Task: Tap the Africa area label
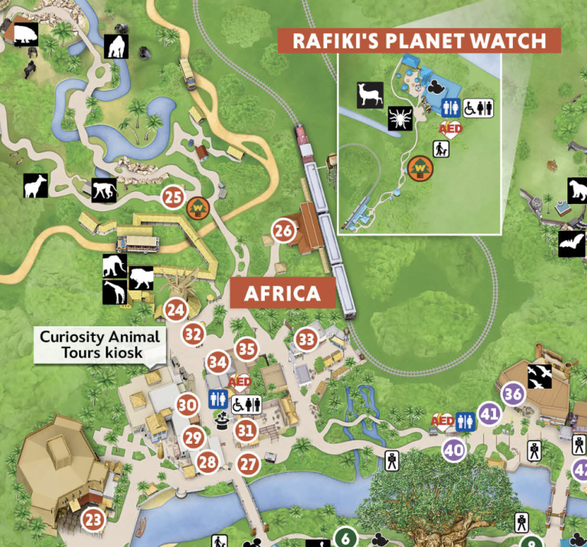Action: click(282, 293)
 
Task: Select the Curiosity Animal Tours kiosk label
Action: click(100, 345)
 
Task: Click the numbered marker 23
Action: click(93, 520)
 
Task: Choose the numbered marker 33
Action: click(307, 339)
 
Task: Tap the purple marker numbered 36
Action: click(513, 394)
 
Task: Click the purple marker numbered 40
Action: click(454, 449)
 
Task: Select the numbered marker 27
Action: click(249, 464)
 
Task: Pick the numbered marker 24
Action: click(175, 310)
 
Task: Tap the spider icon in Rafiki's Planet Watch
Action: click(401, 118)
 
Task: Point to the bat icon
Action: click(571, 243)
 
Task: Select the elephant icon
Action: click(114, 265)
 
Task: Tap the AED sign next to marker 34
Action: click(240, 381)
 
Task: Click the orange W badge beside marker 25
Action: click(197, 208)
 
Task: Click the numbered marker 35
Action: click(247, 349)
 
